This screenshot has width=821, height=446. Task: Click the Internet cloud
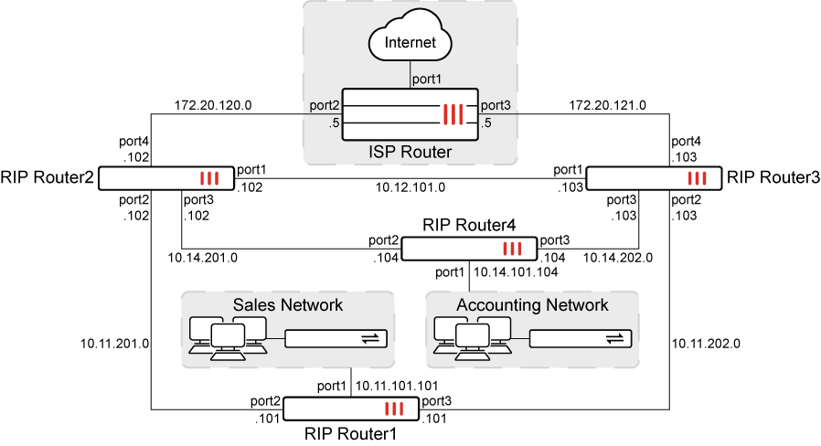(410, 42)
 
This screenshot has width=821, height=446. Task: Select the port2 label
(325, 105)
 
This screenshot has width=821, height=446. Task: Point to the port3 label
(496, 105)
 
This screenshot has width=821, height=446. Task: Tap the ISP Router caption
(410, 152)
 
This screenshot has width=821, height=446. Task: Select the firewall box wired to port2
(165, 178)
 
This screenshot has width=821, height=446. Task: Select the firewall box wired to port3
(654, 178)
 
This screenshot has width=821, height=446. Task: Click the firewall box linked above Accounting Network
(469, 249)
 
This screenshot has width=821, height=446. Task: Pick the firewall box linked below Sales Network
(351, 409)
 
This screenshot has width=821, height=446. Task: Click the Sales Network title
(287, 304)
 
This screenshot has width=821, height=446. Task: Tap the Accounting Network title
(532, 304)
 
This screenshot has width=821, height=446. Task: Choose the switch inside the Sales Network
(336, 338)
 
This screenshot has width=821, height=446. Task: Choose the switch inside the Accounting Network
(581, 338)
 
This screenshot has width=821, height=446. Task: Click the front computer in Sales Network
(227, 340)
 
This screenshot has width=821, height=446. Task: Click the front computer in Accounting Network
(472, 340)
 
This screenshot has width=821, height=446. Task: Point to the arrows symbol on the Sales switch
(369, 338)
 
